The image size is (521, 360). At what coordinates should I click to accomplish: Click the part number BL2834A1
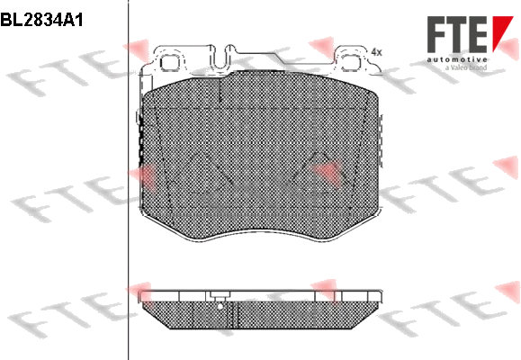pyautogui.click(x=41, y=21)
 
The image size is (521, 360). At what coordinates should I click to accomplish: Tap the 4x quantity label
pyautogui.click(x=376, y=52)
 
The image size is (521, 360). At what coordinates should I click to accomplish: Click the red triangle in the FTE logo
pyautogui.click(x=503, y=33)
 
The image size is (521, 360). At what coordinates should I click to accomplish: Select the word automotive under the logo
pyautogui.click(x=457, y=59)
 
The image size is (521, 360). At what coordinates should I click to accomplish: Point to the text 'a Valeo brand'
pyautogui.click(x=466, y=67)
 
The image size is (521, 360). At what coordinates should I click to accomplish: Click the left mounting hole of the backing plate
pyautogui.click(x=170, y=62)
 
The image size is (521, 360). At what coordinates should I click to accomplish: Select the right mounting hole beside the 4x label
pyautogui.click(x=352, y=62)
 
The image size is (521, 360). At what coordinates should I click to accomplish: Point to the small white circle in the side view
pyautogui.click(x=220, y=307)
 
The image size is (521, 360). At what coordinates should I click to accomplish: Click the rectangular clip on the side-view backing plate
pyautogui.click(x=219, y=295)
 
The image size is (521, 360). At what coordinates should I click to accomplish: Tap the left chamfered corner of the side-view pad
pyautogui.click(x=157, y=315)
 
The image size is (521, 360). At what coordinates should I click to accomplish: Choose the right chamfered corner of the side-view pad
pyautogui.click(x=365, y=315)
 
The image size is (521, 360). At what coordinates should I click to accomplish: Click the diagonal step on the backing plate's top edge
pyautogui.click(x=280, y=58)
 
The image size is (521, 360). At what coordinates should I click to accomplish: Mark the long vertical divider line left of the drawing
pyautogui.click(x=128, y=180)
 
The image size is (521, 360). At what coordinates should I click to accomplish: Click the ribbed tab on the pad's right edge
pyautogui.click(x=381, y=141)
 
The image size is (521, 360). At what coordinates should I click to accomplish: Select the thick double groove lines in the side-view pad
pyautogui.click(x=235, y=314)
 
